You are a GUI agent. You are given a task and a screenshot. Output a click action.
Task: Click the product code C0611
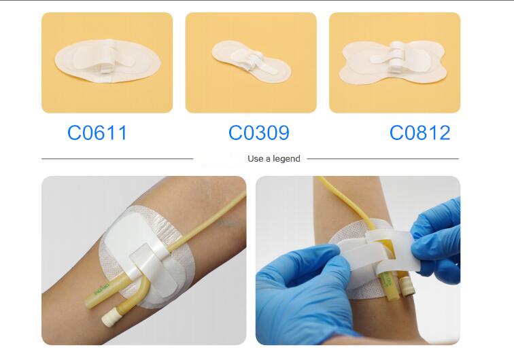(x=97, y=132)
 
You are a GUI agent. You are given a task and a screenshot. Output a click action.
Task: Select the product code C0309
(x=259, y=132)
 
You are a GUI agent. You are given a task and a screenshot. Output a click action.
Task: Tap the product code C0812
(x=420, y=132)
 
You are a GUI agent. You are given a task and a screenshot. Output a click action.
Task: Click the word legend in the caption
(x=286, y=159)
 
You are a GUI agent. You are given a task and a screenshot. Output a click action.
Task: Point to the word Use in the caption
(x=256, y=159)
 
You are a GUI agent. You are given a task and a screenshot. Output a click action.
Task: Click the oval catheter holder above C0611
(x=107, y=61)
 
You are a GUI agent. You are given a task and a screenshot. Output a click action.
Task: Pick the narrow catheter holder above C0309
(x=252, y=61)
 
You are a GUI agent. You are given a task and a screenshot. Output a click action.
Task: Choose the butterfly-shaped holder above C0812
(x=393, y=62)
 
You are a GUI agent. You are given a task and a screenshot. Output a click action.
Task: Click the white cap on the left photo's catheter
(x=109, y=318)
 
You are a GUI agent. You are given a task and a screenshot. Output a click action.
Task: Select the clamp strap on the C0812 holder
(x=396, y=56)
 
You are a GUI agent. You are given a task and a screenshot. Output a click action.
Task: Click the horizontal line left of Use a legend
(x=118, y=159)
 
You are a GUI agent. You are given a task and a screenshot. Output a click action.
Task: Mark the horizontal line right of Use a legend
(x=383, y=159)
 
